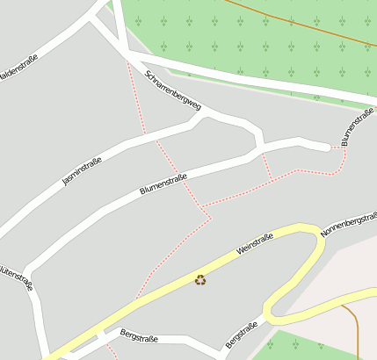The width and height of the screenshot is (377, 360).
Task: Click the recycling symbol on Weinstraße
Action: [x=200, y=280]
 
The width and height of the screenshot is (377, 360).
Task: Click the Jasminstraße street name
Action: [x=83, y=170]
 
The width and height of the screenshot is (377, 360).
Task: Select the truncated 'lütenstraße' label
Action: [x=18, y=274]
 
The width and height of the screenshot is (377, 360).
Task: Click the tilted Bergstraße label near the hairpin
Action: [x=242, y=334]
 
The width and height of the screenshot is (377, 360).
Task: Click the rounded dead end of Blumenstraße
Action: [x=330, y=148]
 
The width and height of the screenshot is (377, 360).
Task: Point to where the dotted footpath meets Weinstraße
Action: [x=136, y=299]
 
